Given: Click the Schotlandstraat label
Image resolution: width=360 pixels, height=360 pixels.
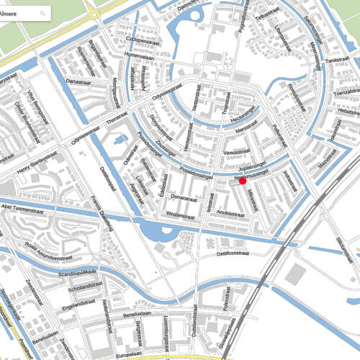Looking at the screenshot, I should (x=85, y=289).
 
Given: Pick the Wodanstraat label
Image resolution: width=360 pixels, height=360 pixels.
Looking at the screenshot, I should (x=180, y=215).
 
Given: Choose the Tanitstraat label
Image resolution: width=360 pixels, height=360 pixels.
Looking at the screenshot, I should (x=336, y=62).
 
